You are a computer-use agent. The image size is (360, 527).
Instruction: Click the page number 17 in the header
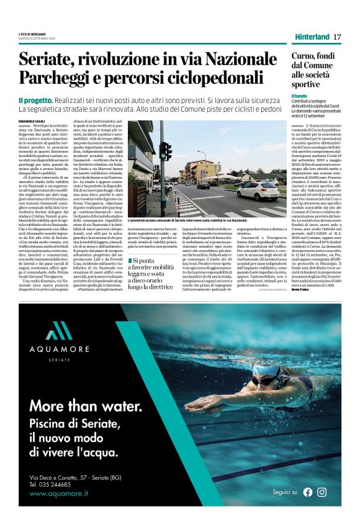[x=338, y=37]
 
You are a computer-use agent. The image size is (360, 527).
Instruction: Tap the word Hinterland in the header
[x=312, y=37]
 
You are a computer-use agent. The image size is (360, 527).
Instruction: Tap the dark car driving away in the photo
[x=204, y=185]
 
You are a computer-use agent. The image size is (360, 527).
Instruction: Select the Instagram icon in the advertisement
[x=322, y=492]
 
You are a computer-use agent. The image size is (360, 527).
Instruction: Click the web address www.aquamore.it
[x=58, y=493]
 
